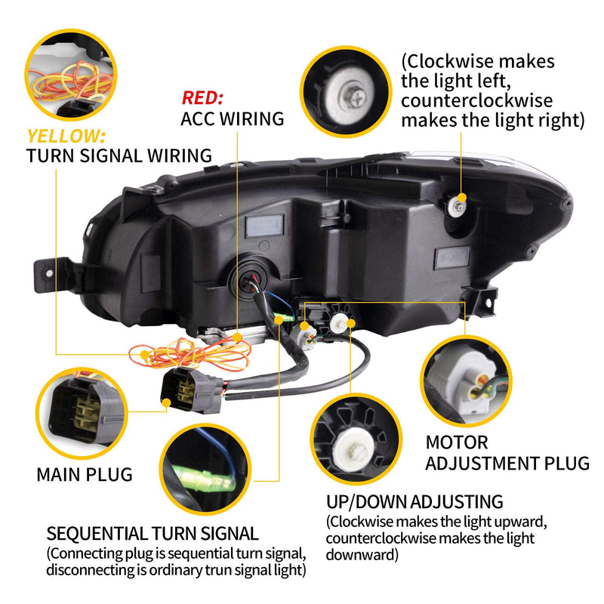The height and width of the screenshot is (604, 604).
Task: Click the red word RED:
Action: click(x=202, y=98)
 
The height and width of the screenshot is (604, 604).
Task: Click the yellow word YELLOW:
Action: click(x=66, y=136)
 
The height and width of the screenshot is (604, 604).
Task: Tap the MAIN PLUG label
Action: click(x=85, y=475)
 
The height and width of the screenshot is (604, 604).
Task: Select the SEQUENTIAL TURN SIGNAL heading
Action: click(x=153, y=534)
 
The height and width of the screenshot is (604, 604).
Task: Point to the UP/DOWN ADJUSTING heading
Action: click(x=414, y=502)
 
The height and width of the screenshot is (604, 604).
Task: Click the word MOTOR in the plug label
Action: click(x=457, y=442)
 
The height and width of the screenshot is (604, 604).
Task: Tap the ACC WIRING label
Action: click(x=233, y=119)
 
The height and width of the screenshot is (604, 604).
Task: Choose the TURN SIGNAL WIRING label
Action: click(x=119, y=156)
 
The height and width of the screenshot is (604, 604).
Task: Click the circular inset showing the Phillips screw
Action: click(x=346, y=91)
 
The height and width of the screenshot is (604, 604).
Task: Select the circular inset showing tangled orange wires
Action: click(x=70, y=74)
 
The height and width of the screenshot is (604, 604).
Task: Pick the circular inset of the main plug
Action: click(x=82, y=413)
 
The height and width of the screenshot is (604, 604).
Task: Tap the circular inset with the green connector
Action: click(x=205, y=469)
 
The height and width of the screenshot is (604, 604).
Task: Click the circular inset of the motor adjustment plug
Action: click(x=466, y=381)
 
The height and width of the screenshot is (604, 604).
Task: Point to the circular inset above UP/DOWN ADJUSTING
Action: click(x=356, y=439)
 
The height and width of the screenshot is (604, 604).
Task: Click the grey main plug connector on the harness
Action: click(x=192, y=390)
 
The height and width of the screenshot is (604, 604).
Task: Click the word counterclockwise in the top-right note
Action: click(x=477, y=101)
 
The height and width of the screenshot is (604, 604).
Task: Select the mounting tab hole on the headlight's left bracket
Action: click(x=49, y=273)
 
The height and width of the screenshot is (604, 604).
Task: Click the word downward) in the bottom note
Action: click(x=362, y=555)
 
